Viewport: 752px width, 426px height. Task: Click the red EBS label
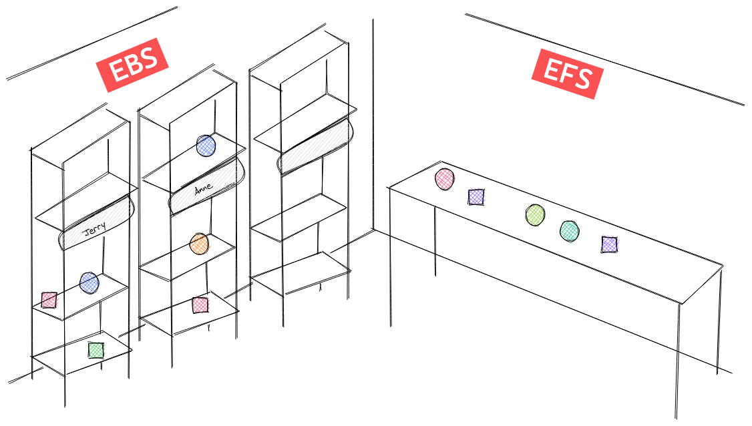pos(132,65)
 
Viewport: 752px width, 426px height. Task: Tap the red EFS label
pos(568,73)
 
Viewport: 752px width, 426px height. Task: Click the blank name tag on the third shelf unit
pos(315,147)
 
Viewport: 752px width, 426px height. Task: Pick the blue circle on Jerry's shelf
pos(89,282)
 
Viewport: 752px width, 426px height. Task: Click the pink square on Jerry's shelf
pos(49,300)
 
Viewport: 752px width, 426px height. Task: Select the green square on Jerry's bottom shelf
pos(96,350)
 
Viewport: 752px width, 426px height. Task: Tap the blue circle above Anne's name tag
pos(206,146)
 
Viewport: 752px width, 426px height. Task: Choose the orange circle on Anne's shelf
pos(199,244)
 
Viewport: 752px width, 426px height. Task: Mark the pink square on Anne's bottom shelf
pos(200,305)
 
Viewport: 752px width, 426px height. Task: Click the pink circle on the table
pos(445,179)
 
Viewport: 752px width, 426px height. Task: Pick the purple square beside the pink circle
pos(476,197)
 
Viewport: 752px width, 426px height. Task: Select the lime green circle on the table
pos(535,214)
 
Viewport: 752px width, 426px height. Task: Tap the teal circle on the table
pos(569,231)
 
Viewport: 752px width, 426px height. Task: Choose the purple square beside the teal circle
pos(609,244)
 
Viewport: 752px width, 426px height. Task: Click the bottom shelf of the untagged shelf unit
pos(301,273)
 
